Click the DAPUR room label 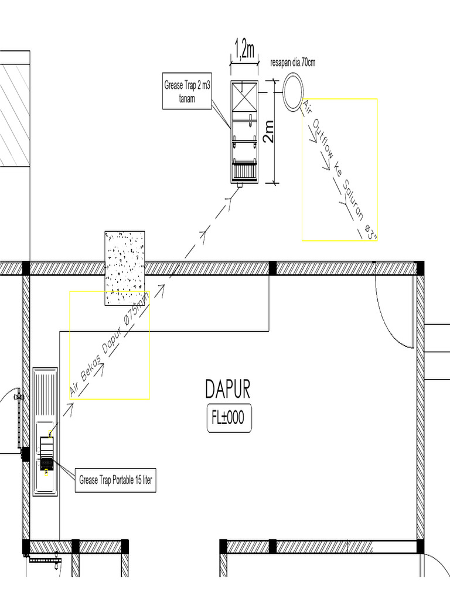[x=228, y=388]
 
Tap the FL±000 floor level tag [x=229, y=418]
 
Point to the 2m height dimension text [x=268, y=132]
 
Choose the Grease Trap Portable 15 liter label [x=115, y=481]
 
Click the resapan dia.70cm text [x=293, y=63]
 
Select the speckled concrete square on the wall [x=124, y=268]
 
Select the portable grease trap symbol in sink [x=47, y=453]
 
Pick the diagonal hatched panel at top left [x=14, y=115]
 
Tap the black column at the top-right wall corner [x=420, y=268]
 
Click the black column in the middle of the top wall [x=272, y=268]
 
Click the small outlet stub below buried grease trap [x=240, y=187]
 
